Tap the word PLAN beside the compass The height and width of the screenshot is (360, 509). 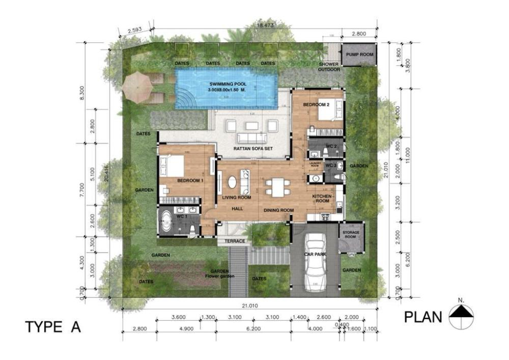[x=423, y=317]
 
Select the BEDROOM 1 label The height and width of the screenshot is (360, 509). [x=176, y=181]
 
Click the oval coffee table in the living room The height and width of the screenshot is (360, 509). [x=232, y=182]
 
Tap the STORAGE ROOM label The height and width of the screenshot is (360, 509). [x=352, y=235]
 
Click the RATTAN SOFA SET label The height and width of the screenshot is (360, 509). [x=248, y=149]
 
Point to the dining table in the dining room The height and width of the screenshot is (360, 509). [x=277, y=187]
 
